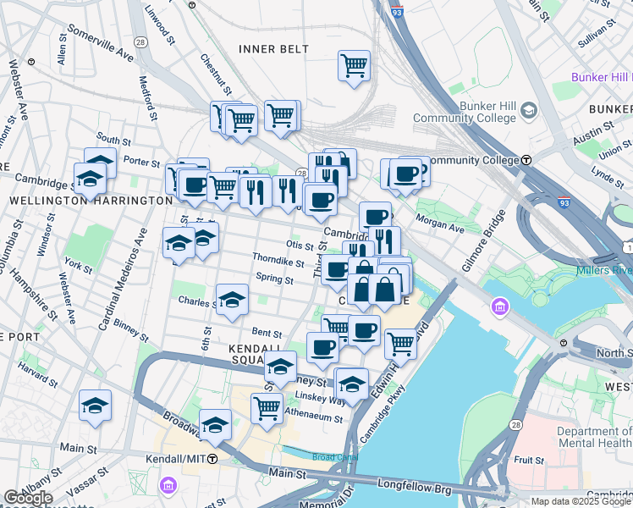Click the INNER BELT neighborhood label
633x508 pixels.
click(273, 49)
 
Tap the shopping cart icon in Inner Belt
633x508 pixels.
click(354, 65)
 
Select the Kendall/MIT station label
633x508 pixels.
click(179, 458)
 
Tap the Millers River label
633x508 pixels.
click(603, 271)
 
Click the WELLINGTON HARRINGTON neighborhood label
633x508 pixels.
click(91, 201)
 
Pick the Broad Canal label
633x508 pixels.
click(328, 457)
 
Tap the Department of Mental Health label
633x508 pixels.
click(594, 437)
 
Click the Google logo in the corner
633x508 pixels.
click(29, 498)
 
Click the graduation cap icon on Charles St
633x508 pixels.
click(232, 299)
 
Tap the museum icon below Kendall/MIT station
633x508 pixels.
click(168, 485)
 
